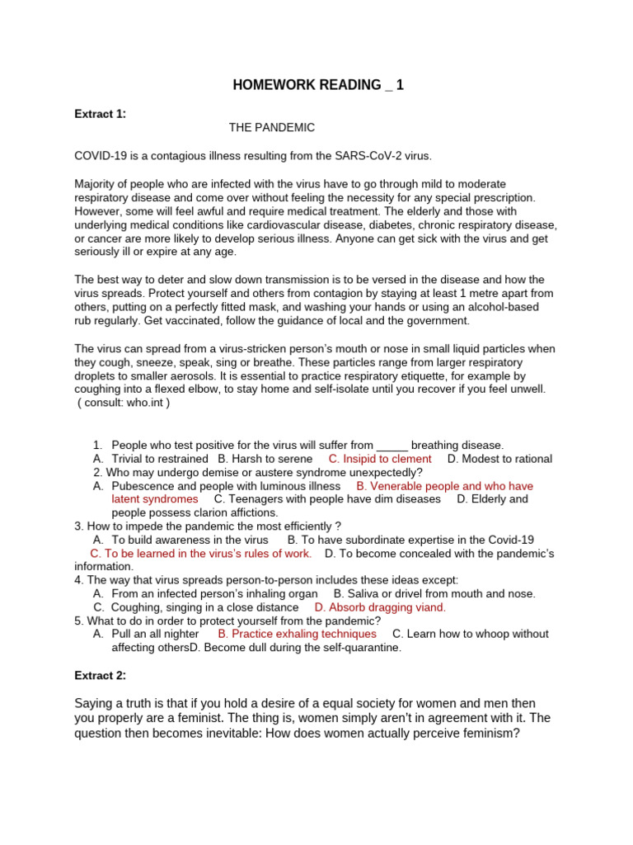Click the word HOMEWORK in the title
point(273,86)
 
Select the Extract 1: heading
point(101,114)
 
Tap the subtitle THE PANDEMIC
point(272,128)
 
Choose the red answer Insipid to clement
point(380,459)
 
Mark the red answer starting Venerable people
point(444,486)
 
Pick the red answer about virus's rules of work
point(200,553)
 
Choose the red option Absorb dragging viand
point(380,607)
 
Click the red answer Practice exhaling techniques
point(297,634)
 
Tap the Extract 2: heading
point(101,675)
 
